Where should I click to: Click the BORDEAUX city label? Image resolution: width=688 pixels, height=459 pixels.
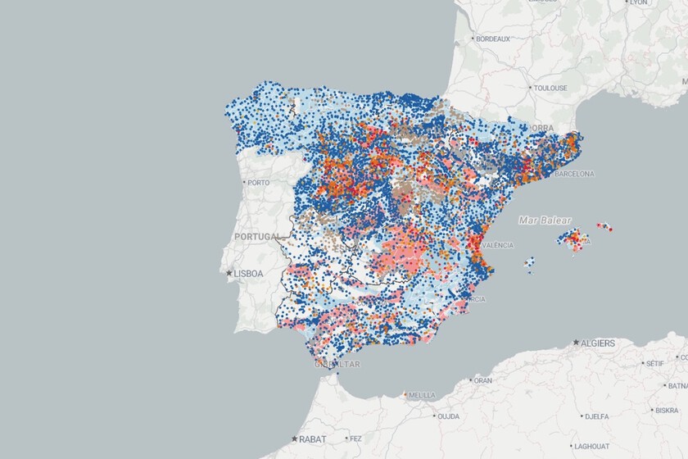pos(494,39)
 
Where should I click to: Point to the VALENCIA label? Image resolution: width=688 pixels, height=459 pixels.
pos(497,245)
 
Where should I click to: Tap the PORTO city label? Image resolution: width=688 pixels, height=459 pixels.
pos(258,183)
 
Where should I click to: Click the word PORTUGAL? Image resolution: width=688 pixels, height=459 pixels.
pos(258,236)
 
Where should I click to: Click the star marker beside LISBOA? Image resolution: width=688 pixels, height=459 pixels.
pos(229,273)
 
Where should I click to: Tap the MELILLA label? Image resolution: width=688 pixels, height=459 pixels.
pos(422,394)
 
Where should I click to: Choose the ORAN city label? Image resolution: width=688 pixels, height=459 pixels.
pos(483,380)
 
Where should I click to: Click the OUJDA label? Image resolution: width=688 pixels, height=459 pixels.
pos(448,416)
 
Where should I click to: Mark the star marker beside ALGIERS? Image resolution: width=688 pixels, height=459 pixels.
pos(577,342)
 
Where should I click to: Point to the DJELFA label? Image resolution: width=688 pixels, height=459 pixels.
pos(595,416)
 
